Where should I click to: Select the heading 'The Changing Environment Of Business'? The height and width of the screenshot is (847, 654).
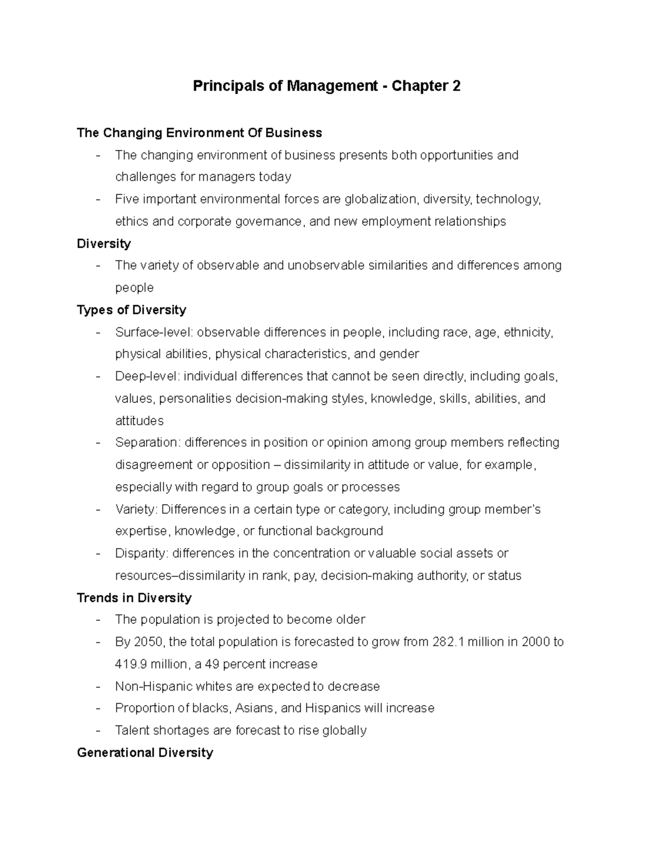[199, 133]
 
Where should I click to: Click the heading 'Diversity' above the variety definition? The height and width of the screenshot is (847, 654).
[104, 243]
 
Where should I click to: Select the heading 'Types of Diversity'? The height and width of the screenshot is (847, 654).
[131, 310]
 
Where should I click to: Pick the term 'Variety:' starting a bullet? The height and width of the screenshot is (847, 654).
[136, 509]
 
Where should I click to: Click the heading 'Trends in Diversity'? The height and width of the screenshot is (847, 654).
[134, 598]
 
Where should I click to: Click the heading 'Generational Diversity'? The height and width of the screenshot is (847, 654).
[145, 753]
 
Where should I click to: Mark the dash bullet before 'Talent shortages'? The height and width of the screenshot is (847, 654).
[98, 731]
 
